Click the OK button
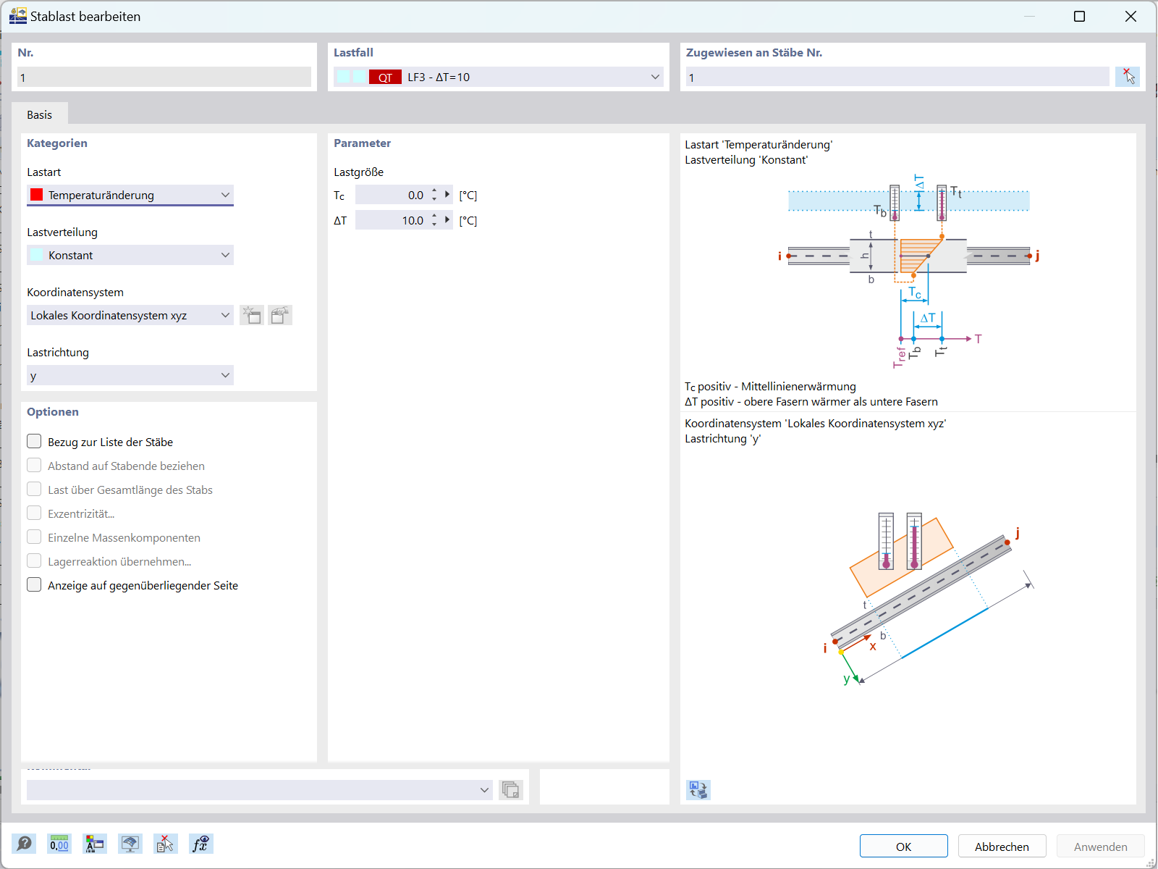(x=903, y=847)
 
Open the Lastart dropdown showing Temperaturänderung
(x=130, y=195)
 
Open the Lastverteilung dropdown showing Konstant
(x=130, y=255)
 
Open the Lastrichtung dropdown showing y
(x=130, y=375)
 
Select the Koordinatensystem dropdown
(x=130, y=315)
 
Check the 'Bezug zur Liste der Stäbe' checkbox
(x=34, y=442)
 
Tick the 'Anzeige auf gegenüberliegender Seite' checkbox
(x=34, y=585)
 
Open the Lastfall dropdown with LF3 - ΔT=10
(x=499, y=77)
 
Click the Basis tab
(x=39, y=114)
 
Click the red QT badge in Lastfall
(x=385, y=77)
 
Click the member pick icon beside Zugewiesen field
(x=1128, y=77)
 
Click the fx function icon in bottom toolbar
(x=200, y=844)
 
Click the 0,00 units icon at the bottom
(x=59, y=844)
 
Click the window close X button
(x=1130, y=16)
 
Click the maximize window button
(x=1079, y=16)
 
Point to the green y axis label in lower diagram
(x=846, y=679)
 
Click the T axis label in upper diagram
(x=979, y=339)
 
